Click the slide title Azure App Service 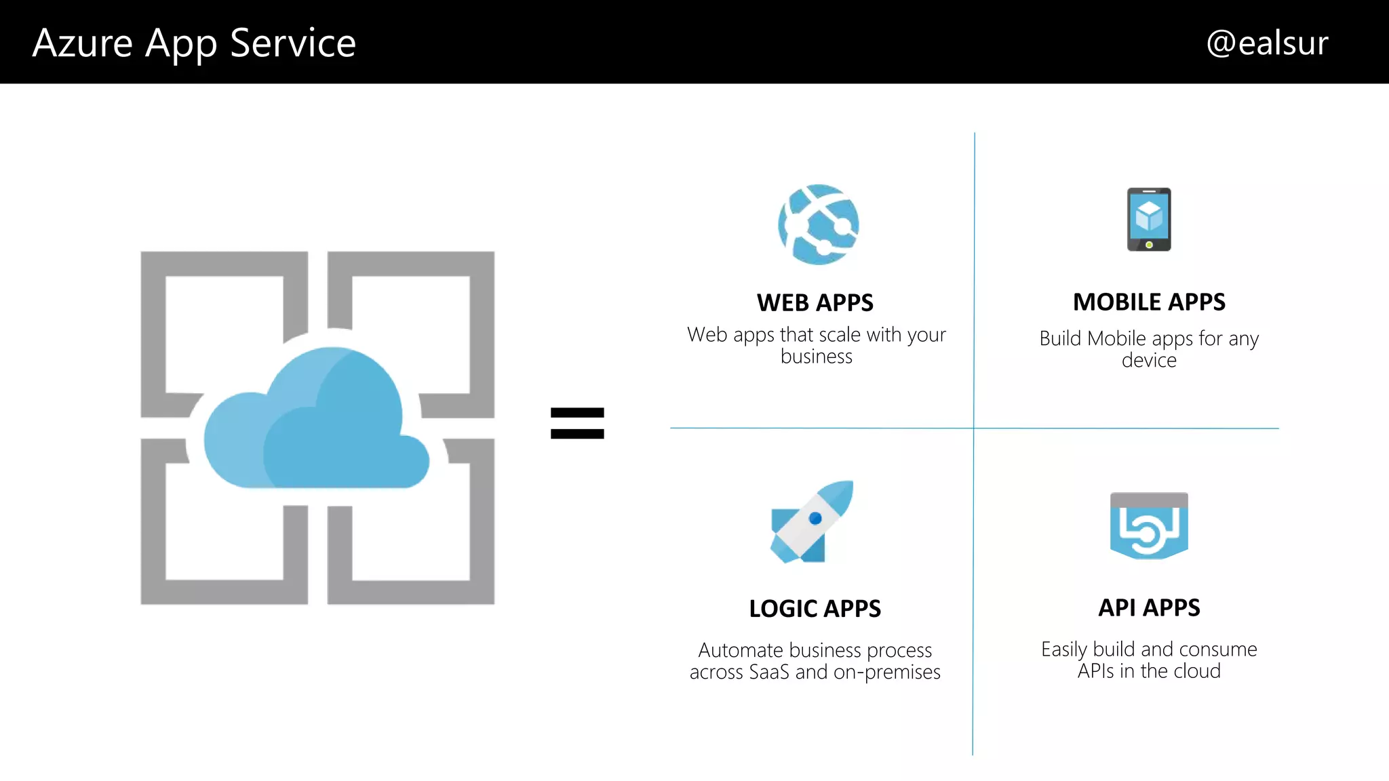coord(194,43)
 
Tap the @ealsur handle coord(1266,43)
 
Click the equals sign coord(577,423)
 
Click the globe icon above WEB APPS coord(818,224)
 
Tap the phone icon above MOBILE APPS coord(1149,219)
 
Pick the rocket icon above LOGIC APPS coord(813,521)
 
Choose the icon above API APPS coord(1149,526)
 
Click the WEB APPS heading coord(815,302)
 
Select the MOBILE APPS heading coord(1149,302)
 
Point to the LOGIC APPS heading coord(815,608)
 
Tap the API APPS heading coord(1149,607)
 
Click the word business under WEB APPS coord(816,357)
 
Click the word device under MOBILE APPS coord(1149,360)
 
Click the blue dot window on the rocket coord(815,519)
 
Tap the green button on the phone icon coord(1149,245)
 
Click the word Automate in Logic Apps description coord(741,650)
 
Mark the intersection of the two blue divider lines coord(974,428)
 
